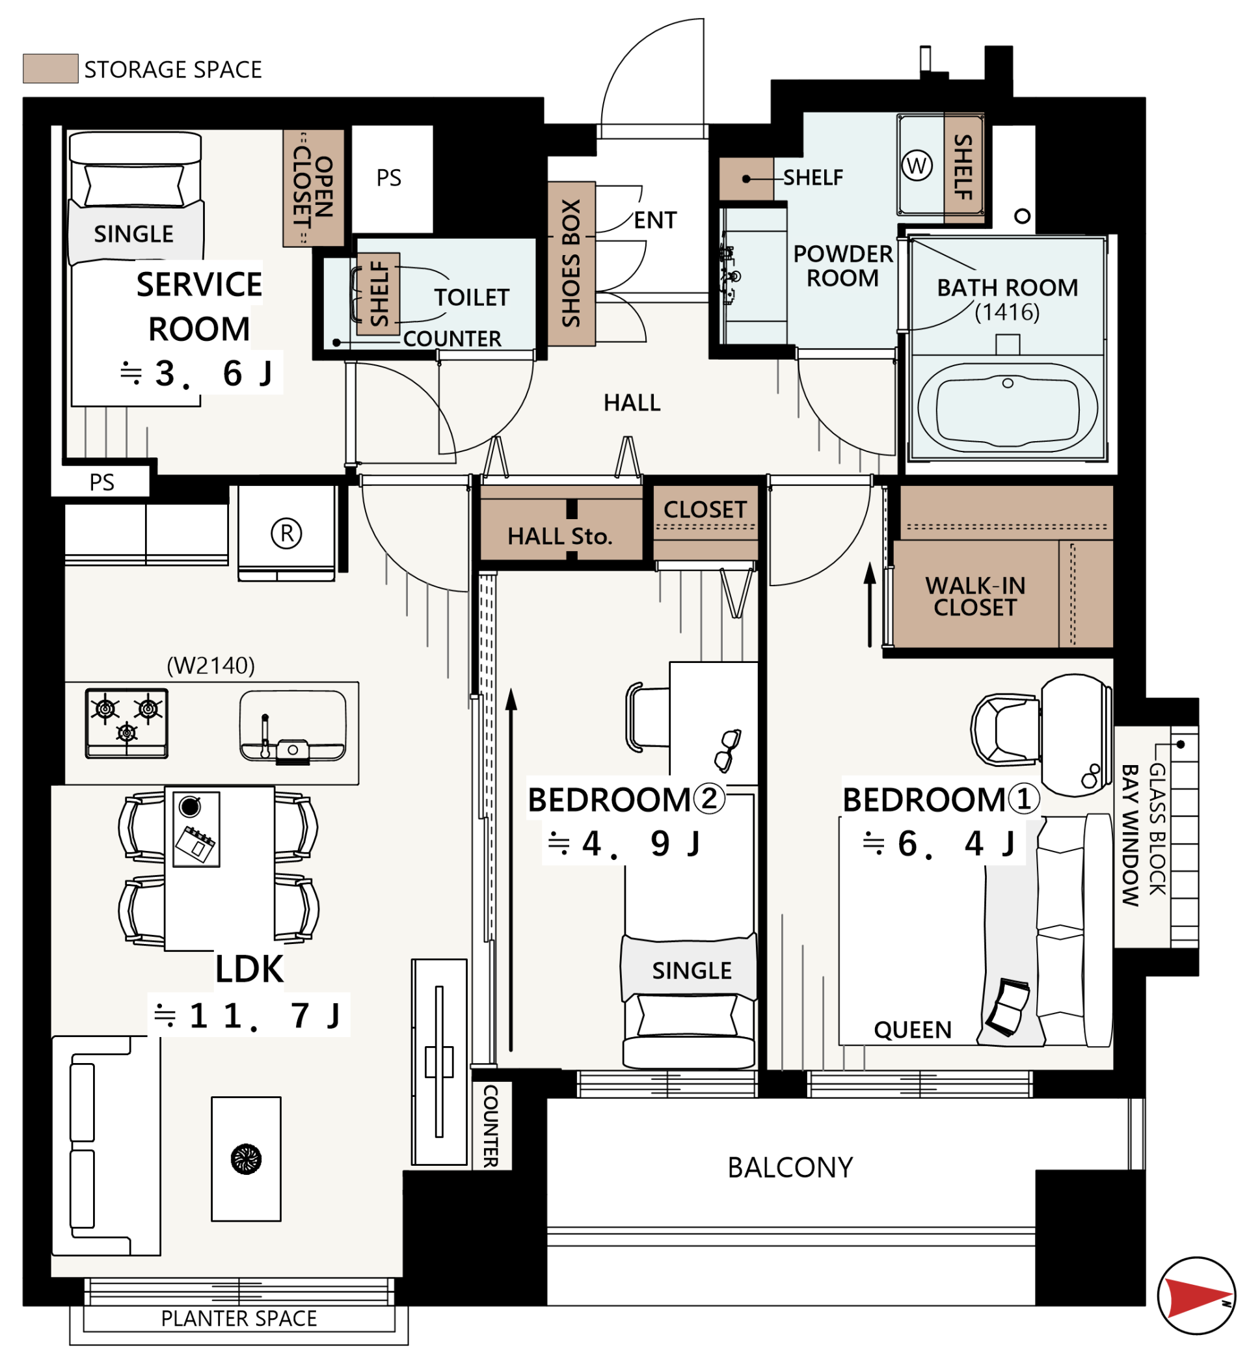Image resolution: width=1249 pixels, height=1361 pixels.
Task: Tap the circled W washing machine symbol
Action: click(x=917, y=165)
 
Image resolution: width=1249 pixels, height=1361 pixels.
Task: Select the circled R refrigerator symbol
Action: click(x=287, y=533)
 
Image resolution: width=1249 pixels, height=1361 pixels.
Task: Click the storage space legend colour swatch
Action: click(x=51, y=68)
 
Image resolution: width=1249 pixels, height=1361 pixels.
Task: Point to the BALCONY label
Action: click(x=790, y=1168)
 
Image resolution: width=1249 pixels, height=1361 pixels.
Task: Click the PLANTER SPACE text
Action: click(x=239, y=1319)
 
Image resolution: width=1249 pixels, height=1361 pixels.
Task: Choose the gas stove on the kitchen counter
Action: click(x=126, y=723)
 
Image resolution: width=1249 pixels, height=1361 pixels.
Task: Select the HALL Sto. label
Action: click(x=560, y=537)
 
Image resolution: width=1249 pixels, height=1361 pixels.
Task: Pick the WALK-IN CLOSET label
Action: click(x=975, y=597)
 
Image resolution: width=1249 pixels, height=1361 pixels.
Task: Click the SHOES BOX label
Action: click(x=571, y=263)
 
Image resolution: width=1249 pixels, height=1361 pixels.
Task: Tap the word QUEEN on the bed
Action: click(x=913, y=1030)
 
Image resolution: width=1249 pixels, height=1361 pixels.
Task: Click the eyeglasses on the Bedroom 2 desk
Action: click(x=728, y=750)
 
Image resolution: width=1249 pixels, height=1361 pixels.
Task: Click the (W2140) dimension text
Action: click(x=211, y=666)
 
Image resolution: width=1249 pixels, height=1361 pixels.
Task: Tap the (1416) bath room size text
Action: click(x=1007, y=312)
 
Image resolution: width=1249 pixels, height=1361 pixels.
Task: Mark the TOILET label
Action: click(x=472, y=297)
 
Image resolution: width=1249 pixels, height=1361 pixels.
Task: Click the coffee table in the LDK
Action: click(x=246, y=1159)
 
